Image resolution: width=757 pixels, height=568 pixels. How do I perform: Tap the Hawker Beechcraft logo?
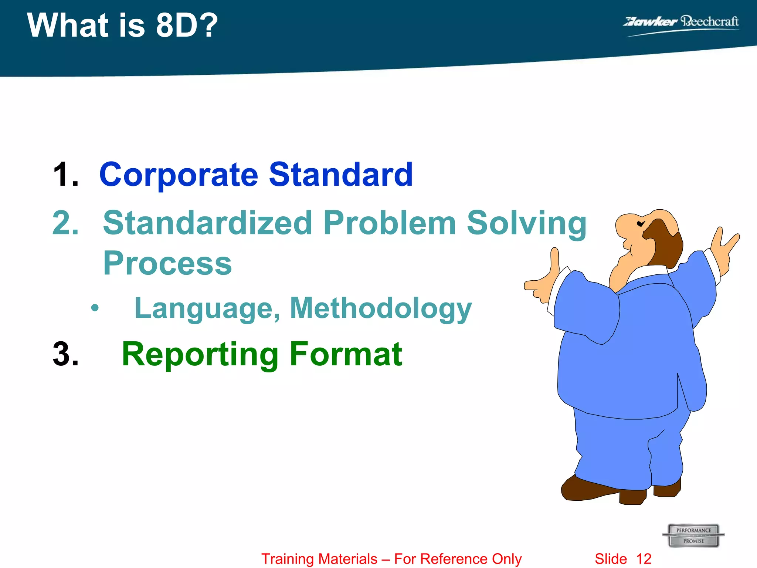coord(681,23)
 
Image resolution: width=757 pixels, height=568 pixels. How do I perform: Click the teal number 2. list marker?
coord(66,223)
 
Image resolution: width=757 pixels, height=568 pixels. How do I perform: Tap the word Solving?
coord(526,223)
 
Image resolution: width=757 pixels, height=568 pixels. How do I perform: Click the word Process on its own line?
coord(167,263)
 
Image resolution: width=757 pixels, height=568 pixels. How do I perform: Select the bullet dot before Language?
coord(95,308)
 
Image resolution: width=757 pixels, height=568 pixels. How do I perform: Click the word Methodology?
coord(381,308)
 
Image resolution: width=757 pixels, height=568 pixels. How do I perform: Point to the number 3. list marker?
coord(66,354)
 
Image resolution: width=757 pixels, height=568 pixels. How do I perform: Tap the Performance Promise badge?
coord(693,535)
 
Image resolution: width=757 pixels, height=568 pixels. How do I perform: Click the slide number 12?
coord(644,559)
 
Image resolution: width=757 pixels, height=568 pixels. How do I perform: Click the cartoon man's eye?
coord(641,224)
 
